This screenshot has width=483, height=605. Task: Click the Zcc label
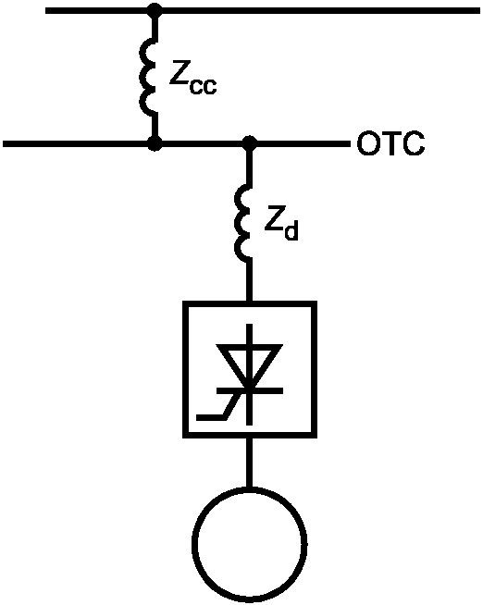(x=192, y=80)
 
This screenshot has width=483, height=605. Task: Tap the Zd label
(x=281, y=225)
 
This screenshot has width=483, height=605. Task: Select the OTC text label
(x=390, y=143)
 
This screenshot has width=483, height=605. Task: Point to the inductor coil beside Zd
(x=242, y=223)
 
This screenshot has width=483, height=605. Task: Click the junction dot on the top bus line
(x=155, y=10)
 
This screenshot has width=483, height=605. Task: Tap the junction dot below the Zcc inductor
(x=155, y=143)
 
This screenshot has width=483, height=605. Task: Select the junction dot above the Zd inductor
(x=250, y=143)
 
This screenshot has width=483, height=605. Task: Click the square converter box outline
(x=184, y=369)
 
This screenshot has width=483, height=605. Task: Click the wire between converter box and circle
(x=250, y=463)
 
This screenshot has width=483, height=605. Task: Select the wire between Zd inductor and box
(x=250, y=281)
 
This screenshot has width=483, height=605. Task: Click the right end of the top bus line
(x=480, y=10)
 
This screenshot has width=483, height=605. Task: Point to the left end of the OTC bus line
(x=4, y=144)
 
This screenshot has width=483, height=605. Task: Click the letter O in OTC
(x=367, y=144)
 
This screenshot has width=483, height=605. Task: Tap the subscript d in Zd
(x=291, y=231)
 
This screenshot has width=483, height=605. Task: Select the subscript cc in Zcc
(x=204, y=86)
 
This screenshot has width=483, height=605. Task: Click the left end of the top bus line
(x=46, y=10)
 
